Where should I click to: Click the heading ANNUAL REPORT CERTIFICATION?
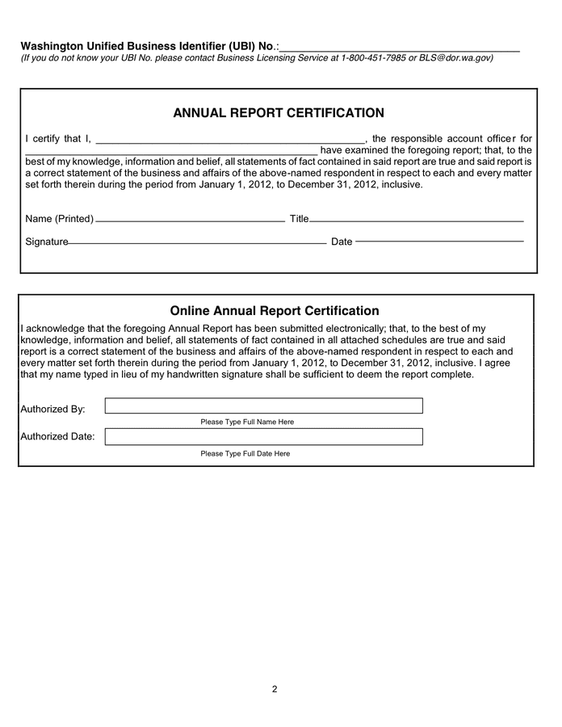click(x=279, y=113)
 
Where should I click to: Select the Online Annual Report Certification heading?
click(x=275, y=311)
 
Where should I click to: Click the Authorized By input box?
click(x=263, y=406)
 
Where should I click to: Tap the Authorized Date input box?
click(x=263, y=437)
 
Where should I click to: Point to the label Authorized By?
click(x=52, y=410)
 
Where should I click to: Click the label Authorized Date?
click(x=57, y=437)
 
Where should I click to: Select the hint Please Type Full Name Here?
click(x=247, y=422)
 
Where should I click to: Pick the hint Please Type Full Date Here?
click(x=245, y=454)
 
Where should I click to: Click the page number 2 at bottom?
click(x=275, y=689)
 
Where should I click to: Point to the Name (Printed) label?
click(x=60, y=219)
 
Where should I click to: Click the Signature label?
click(x=47, y=242)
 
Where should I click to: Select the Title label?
click(x=299, y=219)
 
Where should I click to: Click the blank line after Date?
click(x=439, y=241)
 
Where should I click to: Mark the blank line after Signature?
click(x=197, y=242)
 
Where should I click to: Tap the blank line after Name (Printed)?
click(x=190, y=220)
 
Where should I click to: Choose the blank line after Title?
click(x=417, y=220)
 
